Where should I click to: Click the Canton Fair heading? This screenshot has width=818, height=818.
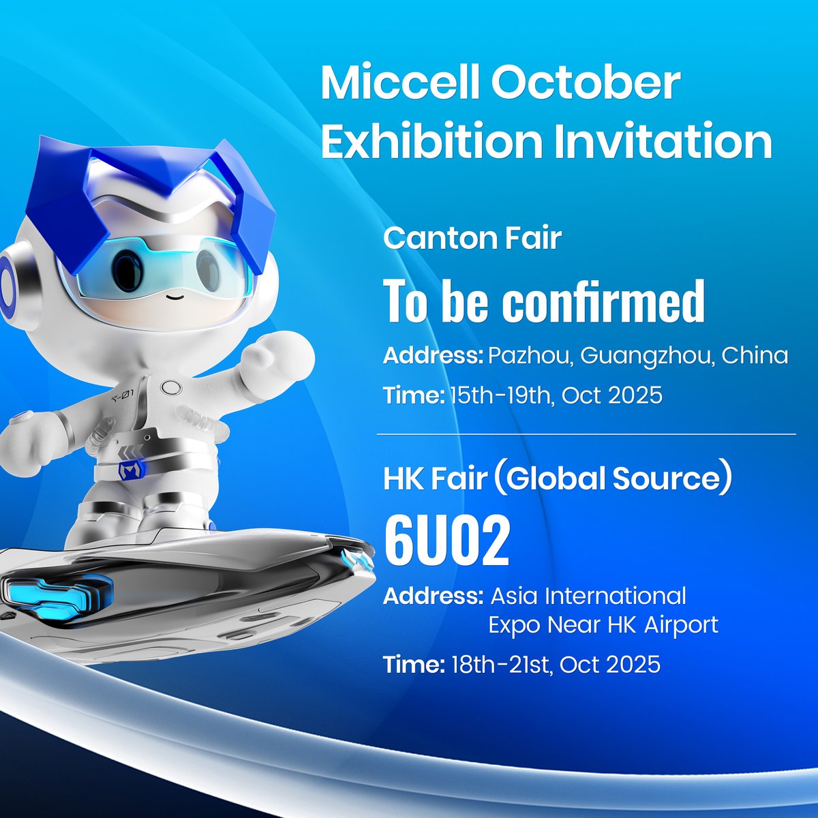point(472,238)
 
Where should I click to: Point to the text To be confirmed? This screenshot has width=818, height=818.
point(544,301)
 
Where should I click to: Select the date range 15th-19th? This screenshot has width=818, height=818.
point(499,395)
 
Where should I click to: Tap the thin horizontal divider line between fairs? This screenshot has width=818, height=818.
point(586,434)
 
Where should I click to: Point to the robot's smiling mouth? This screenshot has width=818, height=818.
point(175,296)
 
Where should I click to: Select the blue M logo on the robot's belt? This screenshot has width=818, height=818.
point(128,470)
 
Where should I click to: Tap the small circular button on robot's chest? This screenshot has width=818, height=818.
point(170,389)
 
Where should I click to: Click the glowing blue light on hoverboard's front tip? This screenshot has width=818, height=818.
point(359,560)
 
